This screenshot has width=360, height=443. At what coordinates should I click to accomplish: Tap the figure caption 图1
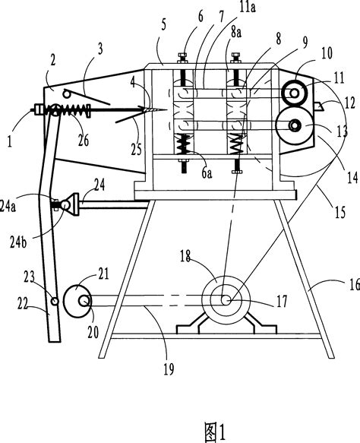[215, 432]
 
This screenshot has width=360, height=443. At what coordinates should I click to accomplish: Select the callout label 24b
[18, 242]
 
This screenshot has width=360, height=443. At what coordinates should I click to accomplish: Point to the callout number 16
[355, 284]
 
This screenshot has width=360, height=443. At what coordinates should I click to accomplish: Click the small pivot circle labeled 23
[55, 301]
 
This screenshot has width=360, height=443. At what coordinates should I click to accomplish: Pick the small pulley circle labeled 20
[84, 301]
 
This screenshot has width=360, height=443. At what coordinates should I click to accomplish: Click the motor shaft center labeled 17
[226, 300]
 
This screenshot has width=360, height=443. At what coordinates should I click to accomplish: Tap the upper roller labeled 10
[295, 93]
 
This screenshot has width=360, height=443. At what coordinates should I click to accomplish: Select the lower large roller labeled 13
[295, 126]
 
